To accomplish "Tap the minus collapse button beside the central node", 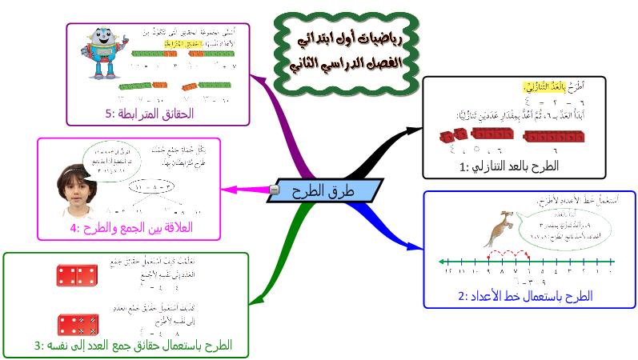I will click(x=275, y=190).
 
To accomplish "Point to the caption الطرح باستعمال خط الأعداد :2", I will click(x=525, y=296).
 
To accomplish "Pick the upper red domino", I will click(x=78, y=275).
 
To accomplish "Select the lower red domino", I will click(x=78, y=323).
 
